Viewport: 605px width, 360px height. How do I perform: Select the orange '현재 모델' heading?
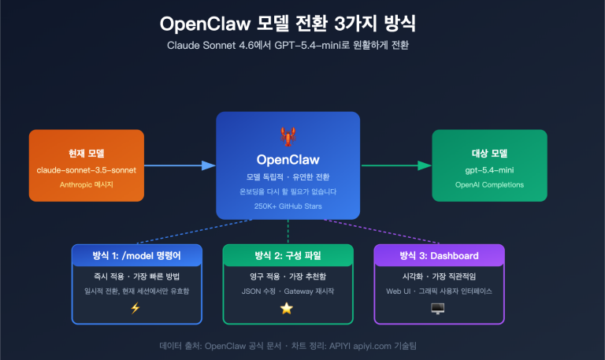click(x=87, y=152)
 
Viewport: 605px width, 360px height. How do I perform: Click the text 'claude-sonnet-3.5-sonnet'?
click(x=87, y=169)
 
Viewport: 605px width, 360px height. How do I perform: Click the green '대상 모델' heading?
click(x=489, y=152)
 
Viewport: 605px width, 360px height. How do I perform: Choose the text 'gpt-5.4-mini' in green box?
click(x=489, y=169)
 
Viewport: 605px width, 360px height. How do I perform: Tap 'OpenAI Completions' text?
click(x=489, y=185)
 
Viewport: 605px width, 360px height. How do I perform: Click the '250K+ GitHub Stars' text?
click(x=288, y=206)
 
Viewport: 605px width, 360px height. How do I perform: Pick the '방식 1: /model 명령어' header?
click(x=136, y=256)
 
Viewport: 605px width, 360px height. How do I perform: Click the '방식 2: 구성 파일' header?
click(x=288, y=256)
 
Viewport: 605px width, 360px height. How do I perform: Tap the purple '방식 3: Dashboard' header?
click(x=438, y=256)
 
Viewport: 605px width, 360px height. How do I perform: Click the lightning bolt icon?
click(x=136, y=308)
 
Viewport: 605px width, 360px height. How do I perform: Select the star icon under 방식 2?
click(x=288, y=308)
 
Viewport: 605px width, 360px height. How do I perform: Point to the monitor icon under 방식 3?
click(x=438, y=308)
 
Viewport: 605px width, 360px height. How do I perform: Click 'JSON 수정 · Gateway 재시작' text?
click(x=288, y=291)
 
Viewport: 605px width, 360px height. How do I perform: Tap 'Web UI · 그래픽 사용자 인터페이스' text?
click(x=438, y=291)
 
